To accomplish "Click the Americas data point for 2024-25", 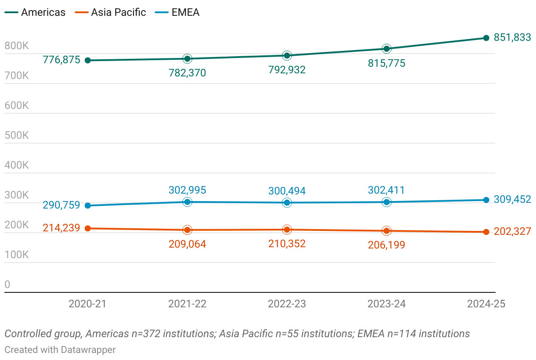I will [x=486, y=38].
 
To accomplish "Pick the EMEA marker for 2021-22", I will [x=187, y=202].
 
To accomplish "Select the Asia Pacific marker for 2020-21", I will [x=87, y=228].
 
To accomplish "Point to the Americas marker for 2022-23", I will [x=287, y=55].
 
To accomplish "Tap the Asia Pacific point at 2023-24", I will [x=387, y=231].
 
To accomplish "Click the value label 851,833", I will [x=512, y=38].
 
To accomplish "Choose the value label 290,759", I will [x=62, y=205].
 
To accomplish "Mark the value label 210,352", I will [x=287, y=244].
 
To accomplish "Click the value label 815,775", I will [x=387, y=63].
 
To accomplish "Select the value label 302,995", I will [x=187, y=190].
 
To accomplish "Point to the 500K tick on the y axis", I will [x=17, y=135].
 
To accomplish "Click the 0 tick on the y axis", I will [x=7, y=284].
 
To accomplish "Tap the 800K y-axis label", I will [x=17, y=46].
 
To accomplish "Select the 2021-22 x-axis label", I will [x=187, y=304].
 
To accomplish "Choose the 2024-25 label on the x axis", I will [x=486, y=304].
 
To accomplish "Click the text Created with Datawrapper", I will [x=60, y=349].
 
